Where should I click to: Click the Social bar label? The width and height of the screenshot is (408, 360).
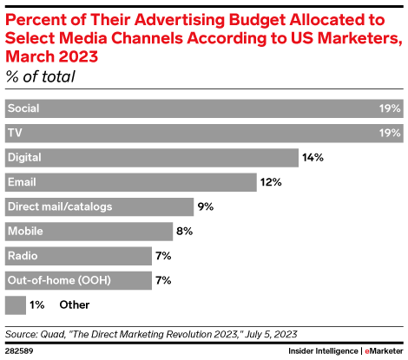[x=23, y=109]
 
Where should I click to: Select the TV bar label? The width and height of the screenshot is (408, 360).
[x=14, y=134]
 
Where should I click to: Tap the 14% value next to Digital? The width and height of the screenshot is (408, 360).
[x=313, y=158]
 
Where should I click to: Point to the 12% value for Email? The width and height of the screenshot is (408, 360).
[x=271, y=182]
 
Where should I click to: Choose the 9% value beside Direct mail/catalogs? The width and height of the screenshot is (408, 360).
[x=205, y=206]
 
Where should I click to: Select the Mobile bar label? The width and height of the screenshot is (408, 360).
[x=24, y=231]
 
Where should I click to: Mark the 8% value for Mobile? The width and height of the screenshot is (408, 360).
[x=185, y=231]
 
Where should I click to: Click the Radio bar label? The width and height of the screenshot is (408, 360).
[x=22, y=256]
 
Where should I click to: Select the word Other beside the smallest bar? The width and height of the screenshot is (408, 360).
[x=74, y=304]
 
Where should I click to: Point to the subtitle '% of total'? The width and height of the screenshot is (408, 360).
[x=41, y=77]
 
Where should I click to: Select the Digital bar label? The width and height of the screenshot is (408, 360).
[x=24, y=158]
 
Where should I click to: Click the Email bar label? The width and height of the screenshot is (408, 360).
[x=22, y=182]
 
